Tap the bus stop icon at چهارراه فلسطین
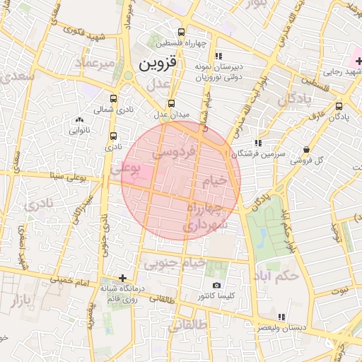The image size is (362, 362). [x=182, y=33]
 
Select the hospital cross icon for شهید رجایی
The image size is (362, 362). [x=358, y=61]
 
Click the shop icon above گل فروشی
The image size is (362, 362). [x=306, y=150]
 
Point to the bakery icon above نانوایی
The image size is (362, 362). [x=78, y=119]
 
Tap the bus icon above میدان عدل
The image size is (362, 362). [x=171, y=103]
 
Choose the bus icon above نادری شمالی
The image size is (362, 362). [x=114, y=99]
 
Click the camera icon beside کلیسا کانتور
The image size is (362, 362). [x=216, y=286]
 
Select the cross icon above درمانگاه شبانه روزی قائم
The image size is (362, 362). [x=123, y=278]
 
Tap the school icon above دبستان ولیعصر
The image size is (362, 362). [x=282, y=317]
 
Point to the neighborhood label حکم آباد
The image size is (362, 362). [x=279, y=275]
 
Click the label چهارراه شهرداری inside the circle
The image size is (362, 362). [x=205, y=216]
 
